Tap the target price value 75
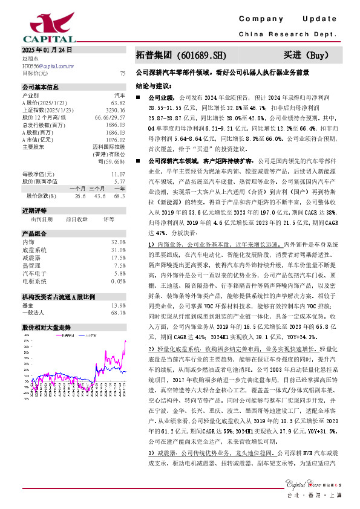point(122,73)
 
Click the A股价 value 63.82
point(119,103)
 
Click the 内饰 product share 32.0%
point(118,242)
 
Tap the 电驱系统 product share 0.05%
point(118,281)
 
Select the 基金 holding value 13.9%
point(118,305)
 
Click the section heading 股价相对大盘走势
point(47,327)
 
